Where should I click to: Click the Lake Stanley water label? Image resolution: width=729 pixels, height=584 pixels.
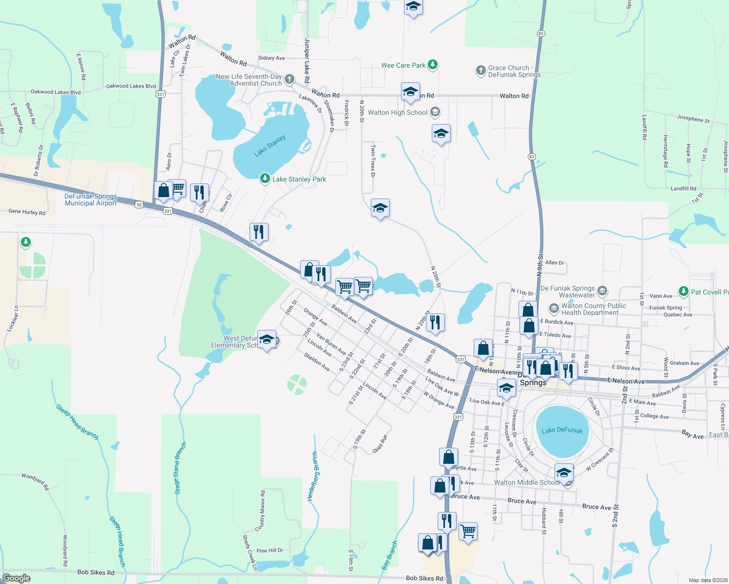269,146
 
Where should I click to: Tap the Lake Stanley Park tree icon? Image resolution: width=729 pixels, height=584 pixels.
265,179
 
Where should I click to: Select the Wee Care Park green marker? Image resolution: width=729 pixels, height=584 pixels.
432,65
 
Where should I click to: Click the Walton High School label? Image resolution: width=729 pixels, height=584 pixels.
397,112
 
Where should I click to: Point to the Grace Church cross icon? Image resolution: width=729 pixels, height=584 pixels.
480,71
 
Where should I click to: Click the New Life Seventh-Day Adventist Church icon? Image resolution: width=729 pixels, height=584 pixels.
289,79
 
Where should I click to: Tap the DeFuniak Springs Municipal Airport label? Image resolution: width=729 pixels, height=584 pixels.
91,200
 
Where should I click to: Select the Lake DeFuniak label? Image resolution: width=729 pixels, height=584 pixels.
562,431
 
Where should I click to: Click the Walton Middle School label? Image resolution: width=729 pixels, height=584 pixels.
527,482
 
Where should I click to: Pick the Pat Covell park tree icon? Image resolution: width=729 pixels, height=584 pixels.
684,292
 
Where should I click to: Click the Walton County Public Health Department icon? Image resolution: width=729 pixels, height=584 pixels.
554,308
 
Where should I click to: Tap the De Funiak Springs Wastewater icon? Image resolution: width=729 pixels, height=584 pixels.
602,291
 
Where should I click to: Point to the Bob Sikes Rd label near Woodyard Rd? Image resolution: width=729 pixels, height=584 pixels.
96,572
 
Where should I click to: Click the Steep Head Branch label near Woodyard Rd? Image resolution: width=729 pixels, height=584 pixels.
78,422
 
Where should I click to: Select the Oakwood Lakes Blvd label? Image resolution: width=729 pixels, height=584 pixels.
56,92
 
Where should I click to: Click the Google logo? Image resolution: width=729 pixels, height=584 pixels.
17,578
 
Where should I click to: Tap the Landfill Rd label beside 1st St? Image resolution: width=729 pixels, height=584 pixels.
683,188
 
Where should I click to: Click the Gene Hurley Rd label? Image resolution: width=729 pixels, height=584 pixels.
27,212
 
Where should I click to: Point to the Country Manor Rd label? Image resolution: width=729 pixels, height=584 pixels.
260,511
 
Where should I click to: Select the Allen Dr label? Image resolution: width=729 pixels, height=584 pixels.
555,263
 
